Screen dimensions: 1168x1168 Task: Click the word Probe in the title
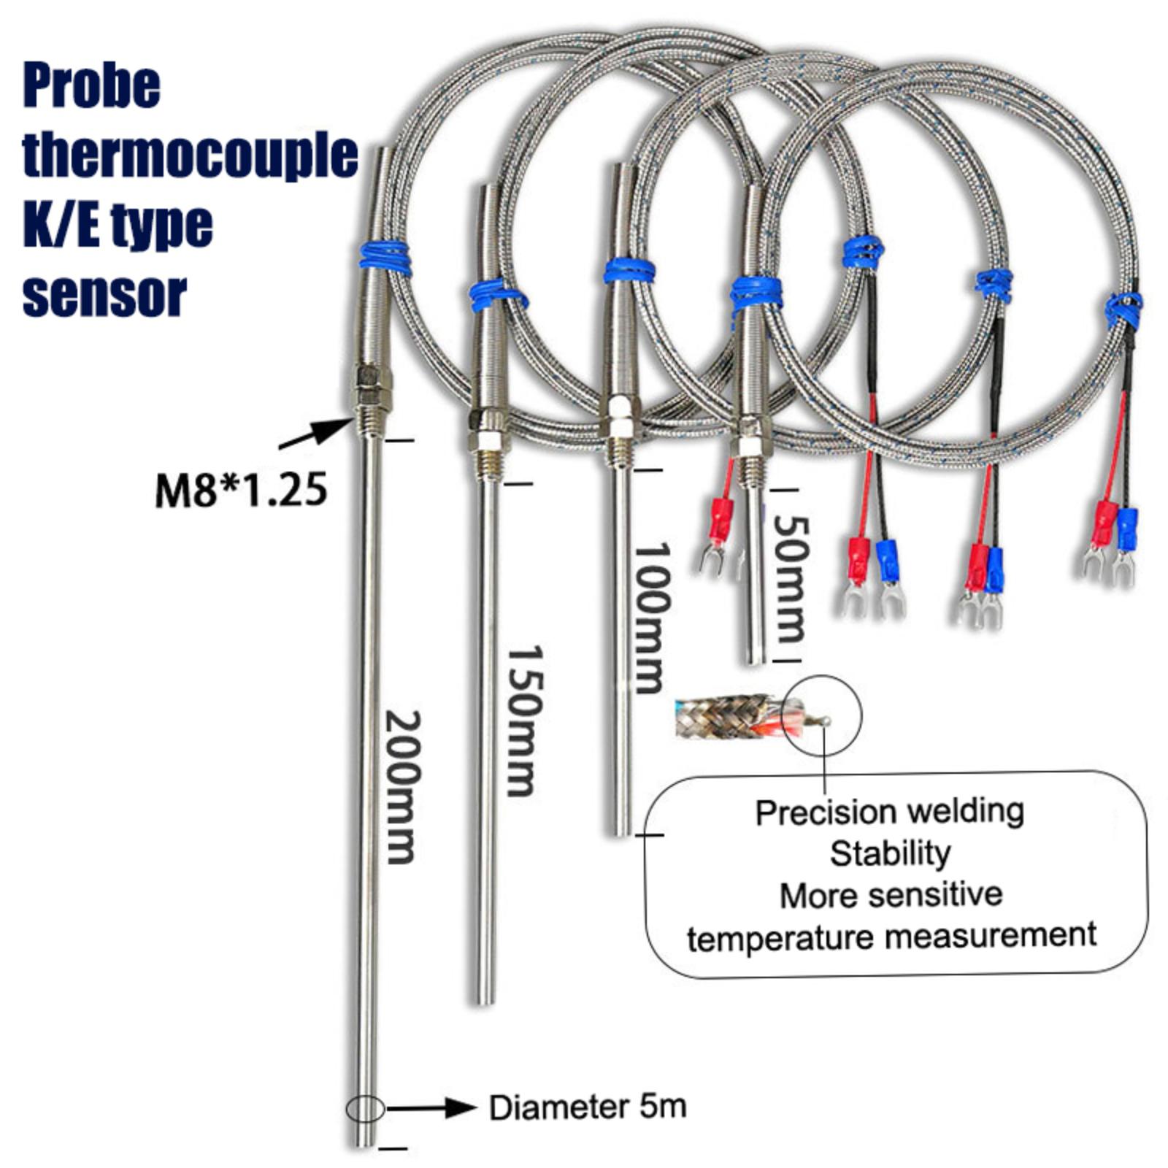[x=92, y=86]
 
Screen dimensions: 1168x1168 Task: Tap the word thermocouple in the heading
[x=190, y=155]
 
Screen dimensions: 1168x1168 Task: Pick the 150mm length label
[x=525, y=720]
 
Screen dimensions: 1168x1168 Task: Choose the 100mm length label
[x=650, y=617]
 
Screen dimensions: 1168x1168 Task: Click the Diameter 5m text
[x=588, y=1107]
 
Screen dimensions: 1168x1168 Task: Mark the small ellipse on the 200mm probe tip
[x=365, y=1109]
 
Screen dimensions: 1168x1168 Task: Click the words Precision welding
[x=889, y=812]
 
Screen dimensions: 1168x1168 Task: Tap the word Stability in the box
[x=890, y=853]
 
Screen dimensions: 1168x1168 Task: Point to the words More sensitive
[x=891, y=895]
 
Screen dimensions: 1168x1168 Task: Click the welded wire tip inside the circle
[x=825, y=721]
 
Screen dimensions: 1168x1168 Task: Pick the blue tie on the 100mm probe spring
[x=629, y=270]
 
